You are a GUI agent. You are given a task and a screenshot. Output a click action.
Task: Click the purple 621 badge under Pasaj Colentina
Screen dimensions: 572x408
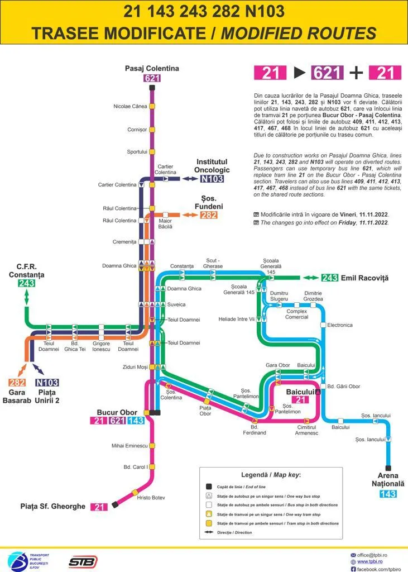pos(152,78)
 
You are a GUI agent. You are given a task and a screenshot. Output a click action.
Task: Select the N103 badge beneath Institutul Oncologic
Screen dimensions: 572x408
pos(212,179)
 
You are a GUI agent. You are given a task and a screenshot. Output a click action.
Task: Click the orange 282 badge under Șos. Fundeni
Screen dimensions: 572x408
pos(209,214)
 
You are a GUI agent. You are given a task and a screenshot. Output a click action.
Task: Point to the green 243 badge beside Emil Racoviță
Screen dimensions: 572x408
pos(330,278)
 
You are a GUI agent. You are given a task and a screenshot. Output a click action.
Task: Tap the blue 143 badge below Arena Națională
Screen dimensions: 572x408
pos(388,494)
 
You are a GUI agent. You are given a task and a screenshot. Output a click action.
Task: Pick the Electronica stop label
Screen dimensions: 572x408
pos(340,325)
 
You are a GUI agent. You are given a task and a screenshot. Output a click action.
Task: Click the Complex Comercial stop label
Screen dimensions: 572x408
pos(297,314)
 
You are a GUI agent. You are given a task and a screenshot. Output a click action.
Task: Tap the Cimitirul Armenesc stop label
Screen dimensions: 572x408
pos(307,430)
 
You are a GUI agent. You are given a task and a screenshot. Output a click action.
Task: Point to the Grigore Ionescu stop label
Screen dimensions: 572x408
pos(102,346)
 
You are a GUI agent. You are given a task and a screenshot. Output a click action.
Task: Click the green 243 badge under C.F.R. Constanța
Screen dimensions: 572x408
pos(26,283)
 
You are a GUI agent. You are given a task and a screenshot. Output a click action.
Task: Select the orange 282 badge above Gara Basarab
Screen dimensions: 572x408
pos(17,383)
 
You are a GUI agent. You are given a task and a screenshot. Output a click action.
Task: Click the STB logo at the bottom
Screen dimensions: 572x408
pos(83,561)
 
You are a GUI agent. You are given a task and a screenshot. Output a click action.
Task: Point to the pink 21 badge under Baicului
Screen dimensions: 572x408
pos(300,399)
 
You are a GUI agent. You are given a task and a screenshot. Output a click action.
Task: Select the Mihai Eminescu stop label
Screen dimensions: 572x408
pos(129,446)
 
